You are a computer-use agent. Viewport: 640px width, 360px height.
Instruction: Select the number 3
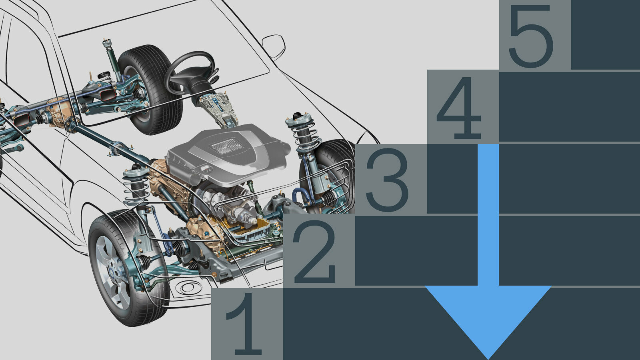click(387, 180)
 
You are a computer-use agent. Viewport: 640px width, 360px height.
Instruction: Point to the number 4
click(459, 108)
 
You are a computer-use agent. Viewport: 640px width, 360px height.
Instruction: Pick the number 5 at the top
click(530, 36)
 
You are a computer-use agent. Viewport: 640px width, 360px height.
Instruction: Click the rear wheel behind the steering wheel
click(150, 90)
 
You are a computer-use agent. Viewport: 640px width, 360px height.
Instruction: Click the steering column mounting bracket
click(220, 108)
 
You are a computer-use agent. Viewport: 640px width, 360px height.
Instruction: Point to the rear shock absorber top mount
click(107, 43)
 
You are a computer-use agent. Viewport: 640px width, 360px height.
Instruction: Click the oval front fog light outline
click(188, 288)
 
